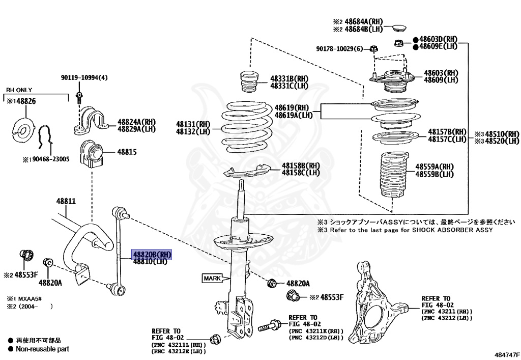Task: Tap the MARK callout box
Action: [x=213, y=278]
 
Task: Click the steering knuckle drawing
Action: [x=380, y=301]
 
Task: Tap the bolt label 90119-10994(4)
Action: [x=84, y=77]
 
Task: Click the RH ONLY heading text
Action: [x=19, y=90]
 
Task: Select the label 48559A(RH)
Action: [x=434, y=167]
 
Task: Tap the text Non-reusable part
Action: [x=42, y=349]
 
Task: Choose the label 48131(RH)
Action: [x=193, y=124]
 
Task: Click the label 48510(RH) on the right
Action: [x=502, y=134]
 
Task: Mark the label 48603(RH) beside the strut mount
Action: [x=441, y=73]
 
